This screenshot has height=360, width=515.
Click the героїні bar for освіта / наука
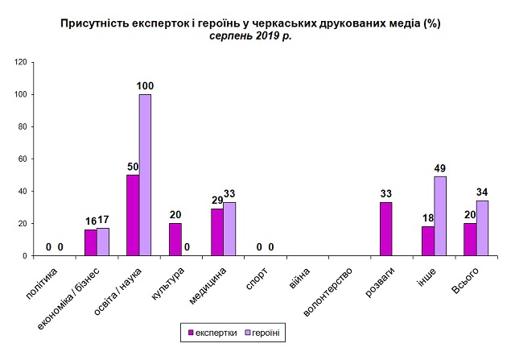point(145,175)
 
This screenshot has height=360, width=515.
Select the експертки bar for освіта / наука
point(133,215)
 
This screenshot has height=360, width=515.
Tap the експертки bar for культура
point(175,239)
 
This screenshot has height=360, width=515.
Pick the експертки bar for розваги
point(385,229)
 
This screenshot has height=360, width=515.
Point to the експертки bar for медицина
point(216,232)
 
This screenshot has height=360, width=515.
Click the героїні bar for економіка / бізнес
point(103,242)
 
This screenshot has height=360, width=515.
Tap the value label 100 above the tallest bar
point(145,86)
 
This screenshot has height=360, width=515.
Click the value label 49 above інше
point(439,168)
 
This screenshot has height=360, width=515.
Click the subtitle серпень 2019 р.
point(249,36)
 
